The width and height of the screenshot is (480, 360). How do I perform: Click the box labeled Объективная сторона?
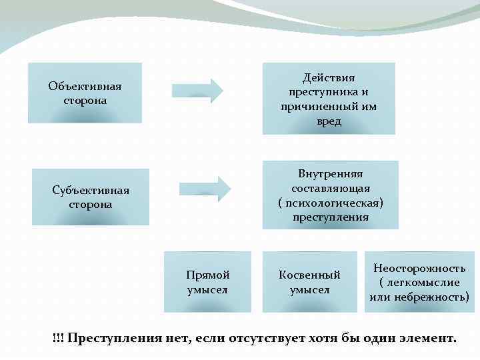pyautogui.click(x=85, y=93)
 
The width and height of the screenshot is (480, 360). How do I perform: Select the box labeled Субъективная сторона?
pyautogui.click(x=91, y=197)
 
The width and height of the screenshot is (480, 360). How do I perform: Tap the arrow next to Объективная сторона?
pyautogui.click(x=198, y=91)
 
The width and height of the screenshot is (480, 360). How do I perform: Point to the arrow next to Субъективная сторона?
pyautogui.click(x=205, y=187)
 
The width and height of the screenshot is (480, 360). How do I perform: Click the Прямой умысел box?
pyautogui.click(x=207, y=282)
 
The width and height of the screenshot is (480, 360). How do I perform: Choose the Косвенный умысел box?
pyautogui.click(x=309, y=282)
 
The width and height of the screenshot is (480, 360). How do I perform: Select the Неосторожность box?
pyautogui.click(x=419, y=282)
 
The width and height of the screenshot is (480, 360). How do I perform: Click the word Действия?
pyautogui.click(x=328, y=78)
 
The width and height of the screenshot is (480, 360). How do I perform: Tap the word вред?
pyautogui.click(x=328, y=122)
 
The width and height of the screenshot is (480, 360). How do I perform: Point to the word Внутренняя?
pyautogui.click(x=330, y=174)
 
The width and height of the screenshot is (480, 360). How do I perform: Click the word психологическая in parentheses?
pyautogui.click(x=333, y=203)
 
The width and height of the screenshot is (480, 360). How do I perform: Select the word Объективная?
pyautogui.click(x=85, y=87)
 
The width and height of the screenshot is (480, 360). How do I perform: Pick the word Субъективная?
pyautogui.click(x=91, y=190)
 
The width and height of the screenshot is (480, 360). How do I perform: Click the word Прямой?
pyautogui.click(x=208, y=275)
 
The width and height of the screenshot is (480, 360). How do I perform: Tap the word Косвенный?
pyautogui.click(x=309, y=275)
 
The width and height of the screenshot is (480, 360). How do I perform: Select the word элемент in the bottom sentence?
pyautogui.click(x=428, y=338)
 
